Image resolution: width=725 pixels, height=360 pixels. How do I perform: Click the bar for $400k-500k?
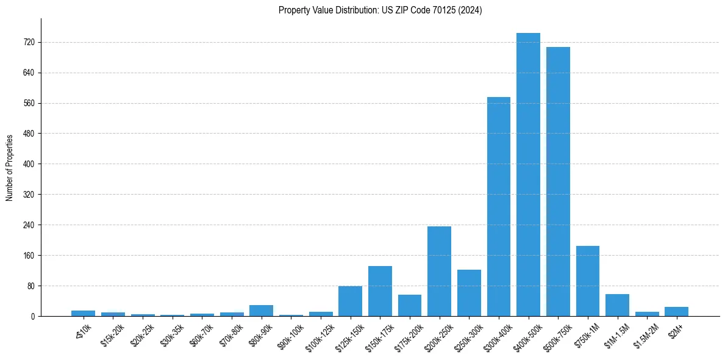(528, 175)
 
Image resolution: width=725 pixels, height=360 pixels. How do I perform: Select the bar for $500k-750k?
(558, 182)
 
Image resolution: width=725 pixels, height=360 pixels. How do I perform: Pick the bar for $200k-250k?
(439, 271)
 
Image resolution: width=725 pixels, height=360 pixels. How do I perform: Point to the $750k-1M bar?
(588, 281)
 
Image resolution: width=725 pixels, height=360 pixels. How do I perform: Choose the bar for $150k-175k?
(380, 291)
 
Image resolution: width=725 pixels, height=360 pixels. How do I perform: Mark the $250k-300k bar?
(469, 293)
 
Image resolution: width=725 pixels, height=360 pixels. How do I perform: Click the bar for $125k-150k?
(350, 301)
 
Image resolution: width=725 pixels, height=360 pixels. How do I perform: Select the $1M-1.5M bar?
(617, 305)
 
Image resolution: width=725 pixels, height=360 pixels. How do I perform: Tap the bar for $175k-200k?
(410, 305)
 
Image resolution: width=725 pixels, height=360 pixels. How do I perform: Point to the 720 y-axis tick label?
(29, 43)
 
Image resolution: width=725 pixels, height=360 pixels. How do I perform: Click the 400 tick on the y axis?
(29, 164)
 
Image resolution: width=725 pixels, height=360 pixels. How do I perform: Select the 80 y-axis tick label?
(30, 286)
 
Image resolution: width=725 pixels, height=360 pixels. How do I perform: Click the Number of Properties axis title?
(9, 167)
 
